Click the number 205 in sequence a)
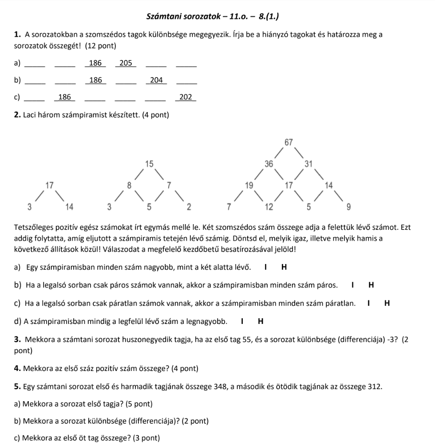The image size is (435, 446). point(126,63)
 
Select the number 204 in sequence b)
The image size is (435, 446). point(156,80)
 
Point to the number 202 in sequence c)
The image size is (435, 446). point(186,97)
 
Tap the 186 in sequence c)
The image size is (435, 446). point(65,97)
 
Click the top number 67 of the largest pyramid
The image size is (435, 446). point(289,142)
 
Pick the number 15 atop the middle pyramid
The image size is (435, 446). point(149,163)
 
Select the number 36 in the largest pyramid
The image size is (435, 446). point(269,163)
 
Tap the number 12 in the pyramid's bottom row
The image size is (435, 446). point(269,207)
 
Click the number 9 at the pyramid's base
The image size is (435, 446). point(349,207)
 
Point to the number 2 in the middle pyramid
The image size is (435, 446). point(189,207)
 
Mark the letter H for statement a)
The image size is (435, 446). point(284,267)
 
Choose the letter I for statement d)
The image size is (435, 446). point(242,321)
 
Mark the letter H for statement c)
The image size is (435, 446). point(387,304)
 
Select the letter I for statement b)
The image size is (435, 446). point(352,285)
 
